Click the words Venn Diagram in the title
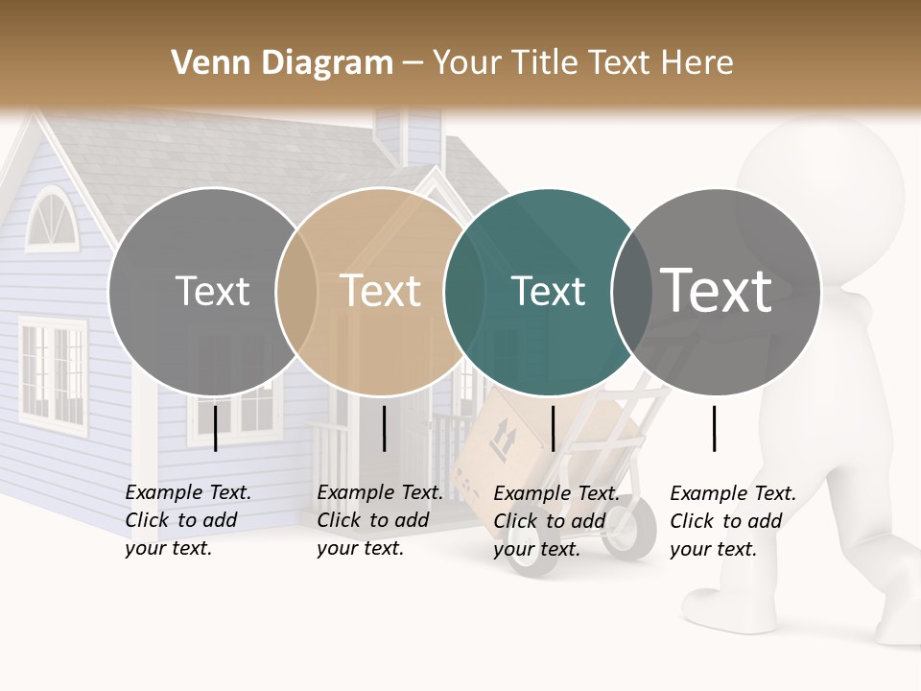tap(282, 63)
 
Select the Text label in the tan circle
tap(381, 291)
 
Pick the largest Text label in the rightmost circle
tap(717, 290)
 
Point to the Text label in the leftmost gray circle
tap(212, 291)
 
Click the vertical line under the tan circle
tap(384, 428)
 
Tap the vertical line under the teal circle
tap(553, 428)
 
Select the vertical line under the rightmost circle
tap(714, 428)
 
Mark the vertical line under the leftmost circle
tap(215, 428)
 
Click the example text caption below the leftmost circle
tap(188, 520)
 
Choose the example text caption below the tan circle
tap(380, 520)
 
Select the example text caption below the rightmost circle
tap(733, 521)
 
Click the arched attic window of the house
tap(49, 220)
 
